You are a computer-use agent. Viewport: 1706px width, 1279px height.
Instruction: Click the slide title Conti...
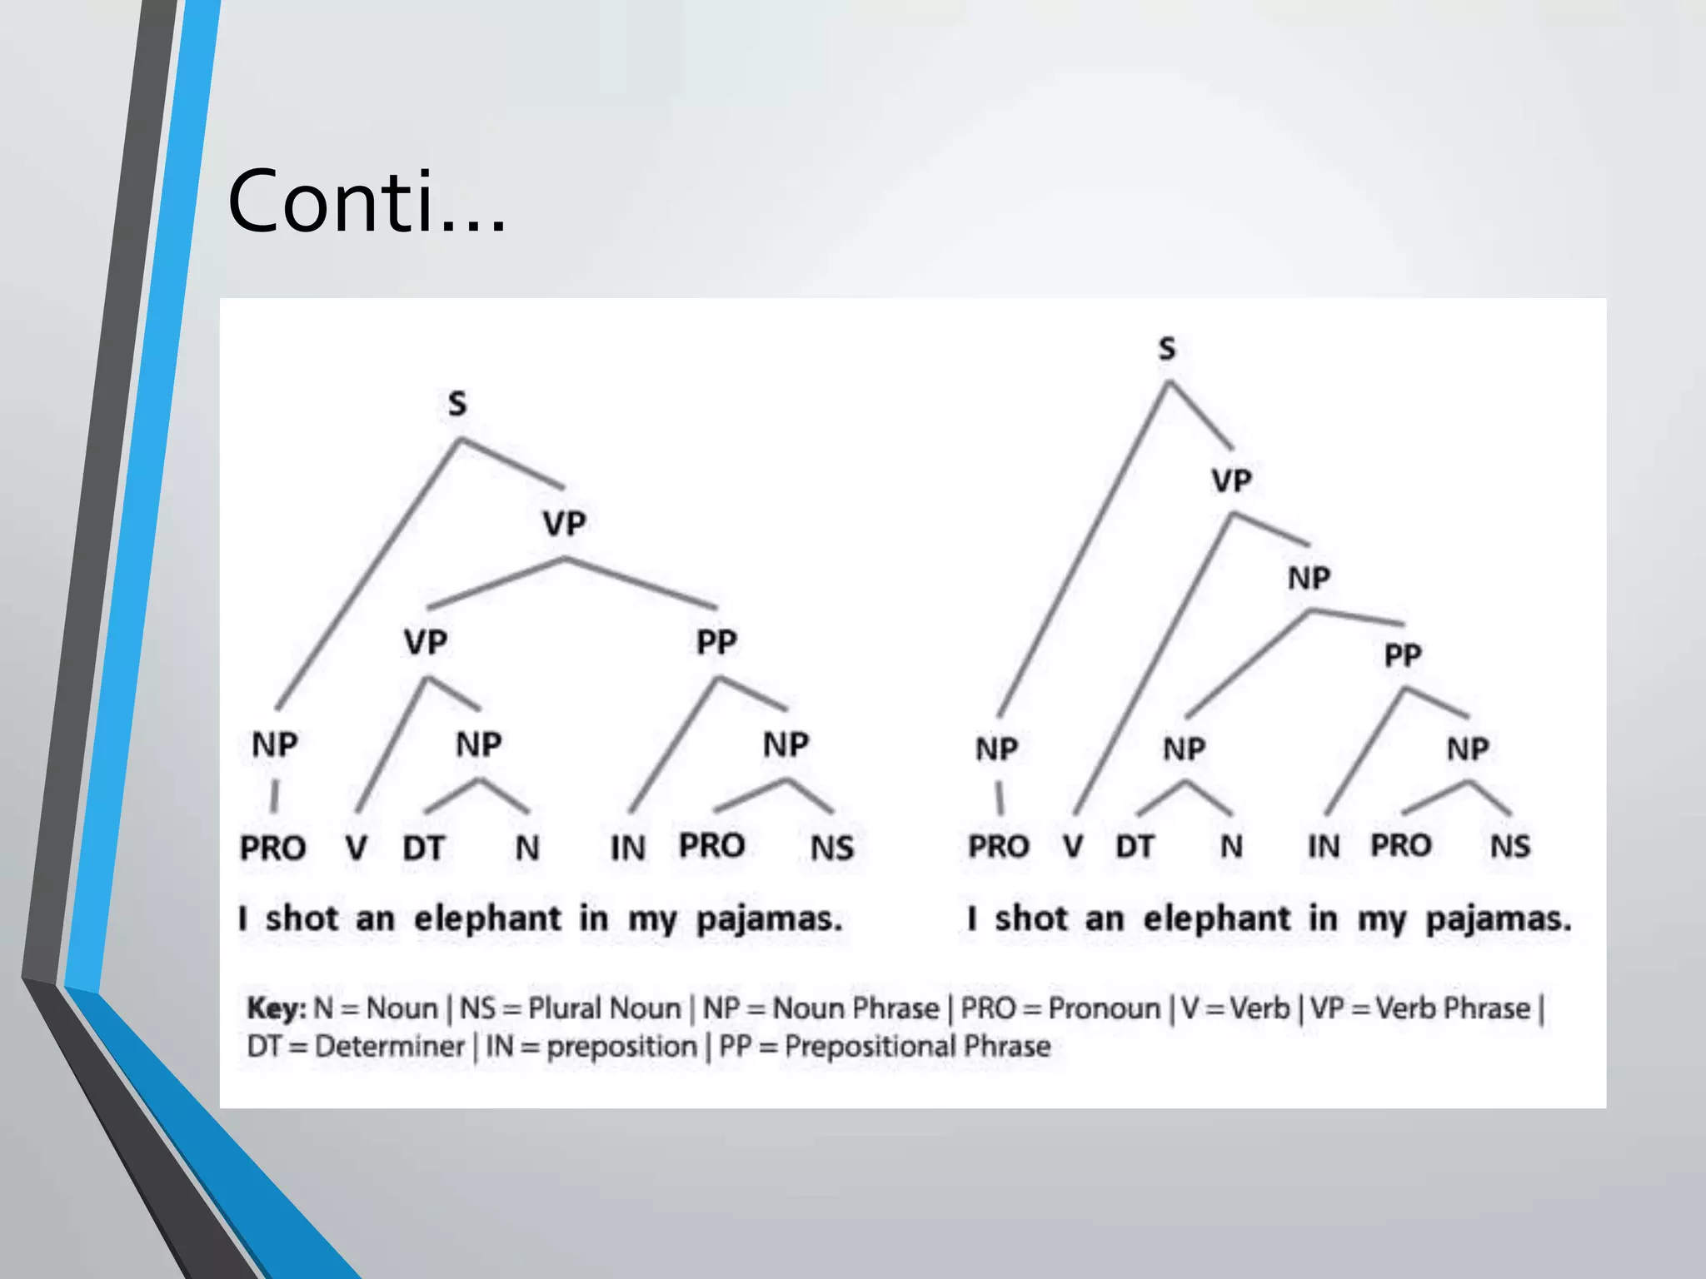click(367, 202)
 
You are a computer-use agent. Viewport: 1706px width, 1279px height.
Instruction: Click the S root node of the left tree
click(457, 404)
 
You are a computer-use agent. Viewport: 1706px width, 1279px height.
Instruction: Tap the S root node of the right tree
click(1167, 348)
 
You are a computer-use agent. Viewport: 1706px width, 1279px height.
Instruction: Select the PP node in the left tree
click(716, 642)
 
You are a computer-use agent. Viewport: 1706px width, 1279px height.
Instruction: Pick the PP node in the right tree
click(1403, 655)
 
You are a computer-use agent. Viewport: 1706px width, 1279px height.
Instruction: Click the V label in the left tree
click(357, 848)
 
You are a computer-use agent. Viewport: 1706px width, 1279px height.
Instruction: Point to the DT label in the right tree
click(1135, 846)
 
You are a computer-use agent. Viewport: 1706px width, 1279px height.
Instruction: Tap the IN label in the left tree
click(628, 848)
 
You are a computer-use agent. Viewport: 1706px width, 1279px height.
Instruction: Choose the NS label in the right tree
click(1510, 846)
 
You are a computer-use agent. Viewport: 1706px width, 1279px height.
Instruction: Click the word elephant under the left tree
click(488, 918)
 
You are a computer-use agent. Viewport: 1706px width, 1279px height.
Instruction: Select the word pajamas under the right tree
click(1498, 919)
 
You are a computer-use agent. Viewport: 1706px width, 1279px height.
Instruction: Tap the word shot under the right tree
click(1031, 918)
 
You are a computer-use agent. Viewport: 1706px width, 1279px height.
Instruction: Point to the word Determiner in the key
click(389, 1046)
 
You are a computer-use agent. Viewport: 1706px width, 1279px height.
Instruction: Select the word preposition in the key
click(621, 1047)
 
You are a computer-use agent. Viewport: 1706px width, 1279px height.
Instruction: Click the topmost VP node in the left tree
click(565, 524)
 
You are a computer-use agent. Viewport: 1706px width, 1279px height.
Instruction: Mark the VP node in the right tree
click(1231, 480)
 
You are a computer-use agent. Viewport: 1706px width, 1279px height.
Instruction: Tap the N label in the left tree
click(527, 848)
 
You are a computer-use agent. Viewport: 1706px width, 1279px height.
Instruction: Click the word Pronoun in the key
click(1104, 1008)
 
